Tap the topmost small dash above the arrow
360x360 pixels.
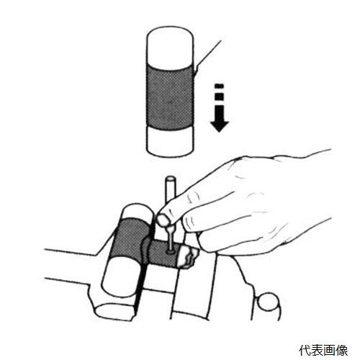tap(220, 86)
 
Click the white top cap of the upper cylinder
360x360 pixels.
tap(170, 46)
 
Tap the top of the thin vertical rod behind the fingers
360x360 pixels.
tap(171, 179)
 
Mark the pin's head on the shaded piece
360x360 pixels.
tap(171, 252)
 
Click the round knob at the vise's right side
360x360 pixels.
tap(269, 302)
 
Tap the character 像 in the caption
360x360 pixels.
tap(342, 350)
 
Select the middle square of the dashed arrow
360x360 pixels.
tap(220, 96)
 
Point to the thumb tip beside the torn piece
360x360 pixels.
tap(204, 243)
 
